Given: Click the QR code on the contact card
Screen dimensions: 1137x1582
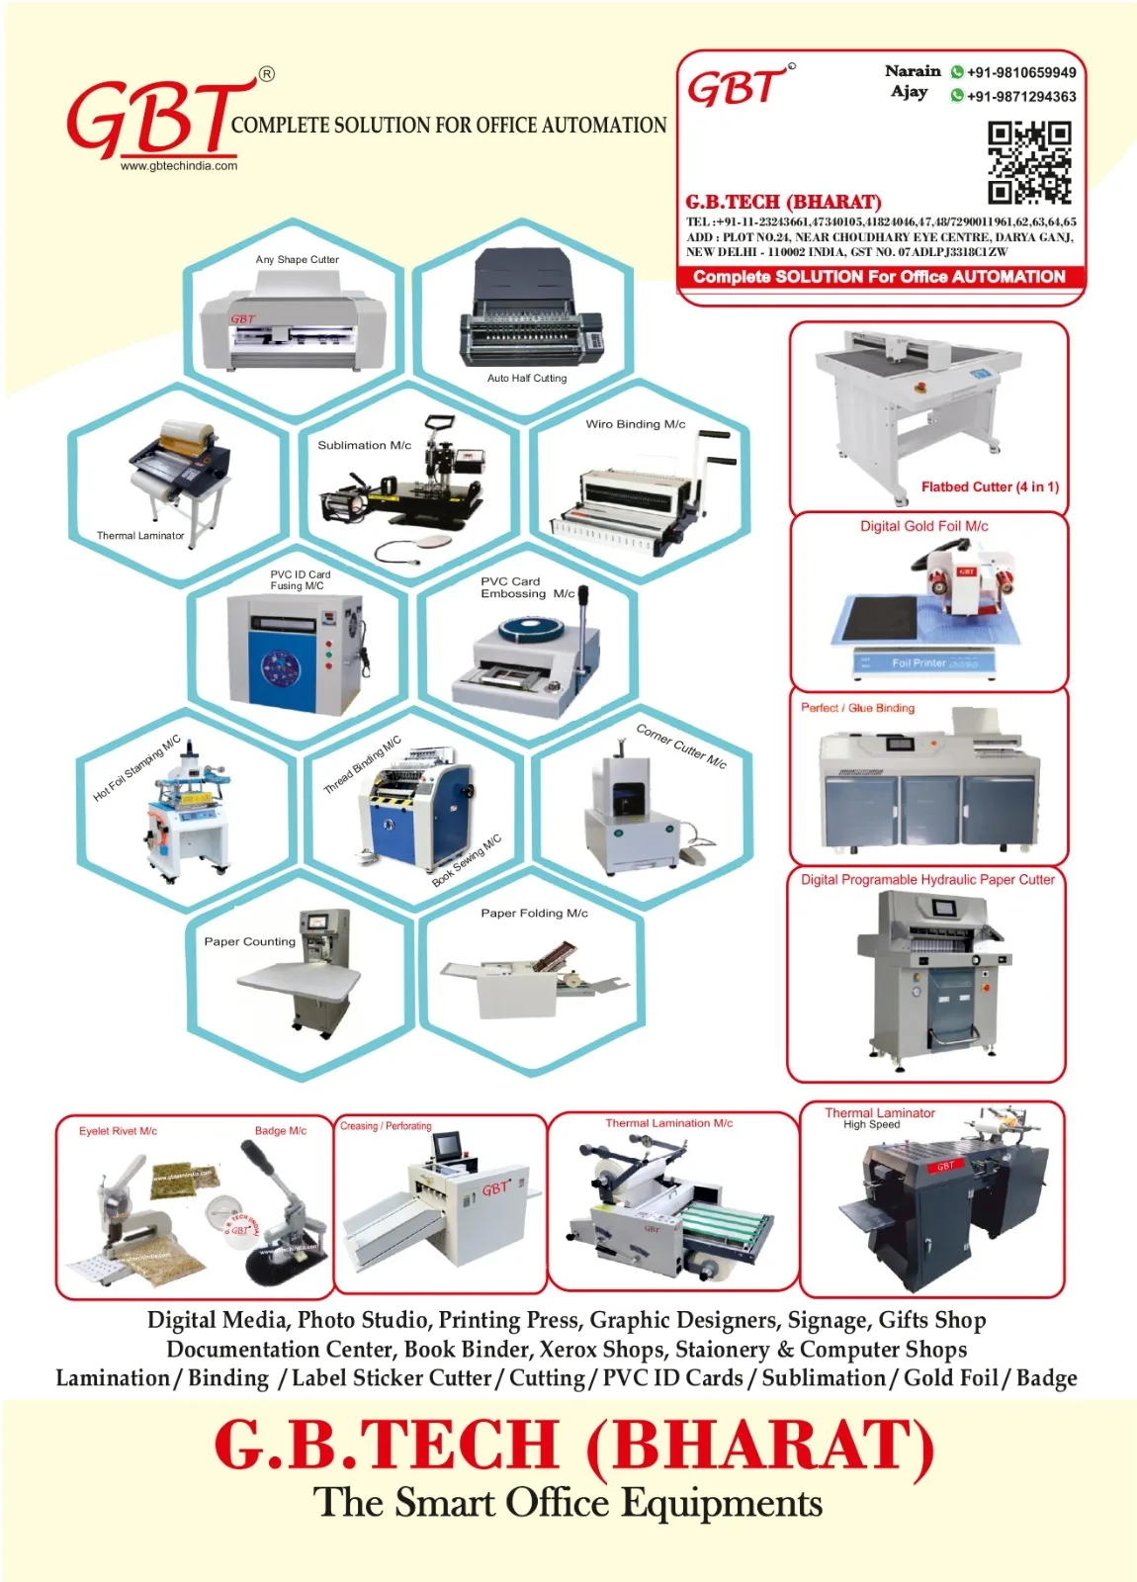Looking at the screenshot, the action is (x=1029, y=161).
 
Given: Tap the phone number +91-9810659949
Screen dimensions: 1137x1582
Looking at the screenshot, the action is (x=1020, y=72).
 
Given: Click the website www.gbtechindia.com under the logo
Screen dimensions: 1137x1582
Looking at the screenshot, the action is (x=179, y=166).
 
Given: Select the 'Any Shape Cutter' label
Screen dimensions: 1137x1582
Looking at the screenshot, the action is (x=297, y=260).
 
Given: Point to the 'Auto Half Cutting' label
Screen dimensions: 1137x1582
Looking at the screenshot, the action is (x=526, y=378).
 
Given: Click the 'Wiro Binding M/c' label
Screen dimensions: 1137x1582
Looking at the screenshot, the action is (x=635, y=424).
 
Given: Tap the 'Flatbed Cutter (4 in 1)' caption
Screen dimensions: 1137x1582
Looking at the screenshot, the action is (x=989, y=486).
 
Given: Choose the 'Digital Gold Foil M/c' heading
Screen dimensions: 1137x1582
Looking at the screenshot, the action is (x=923, y=526).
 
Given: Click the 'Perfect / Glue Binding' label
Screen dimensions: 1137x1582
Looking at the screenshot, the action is (x=857, y=708).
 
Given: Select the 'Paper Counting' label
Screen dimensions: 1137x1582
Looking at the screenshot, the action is (x=249, y=941).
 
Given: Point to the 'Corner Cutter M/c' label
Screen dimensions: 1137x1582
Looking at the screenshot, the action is (x=681, y=747).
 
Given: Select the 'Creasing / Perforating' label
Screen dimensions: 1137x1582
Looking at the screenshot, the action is (x=386, y=1126).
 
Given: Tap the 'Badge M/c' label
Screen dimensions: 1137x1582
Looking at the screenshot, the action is (x=280, y=1130).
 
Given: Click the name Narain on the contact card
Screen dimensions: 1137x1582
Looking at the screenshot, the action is (x=912, y=71).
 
